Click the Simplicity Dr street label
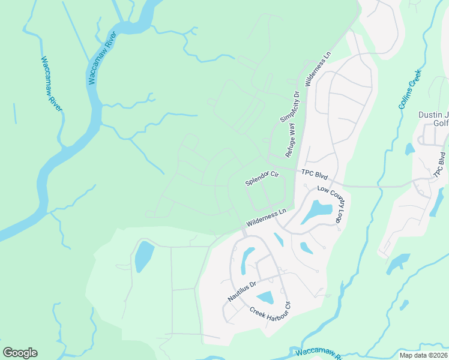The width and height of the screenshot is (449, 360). pos(289,107)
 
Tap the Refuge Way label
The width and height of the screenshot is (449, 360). pos(291,139)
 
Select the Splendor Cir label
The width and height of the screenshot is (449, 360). pos(263,178)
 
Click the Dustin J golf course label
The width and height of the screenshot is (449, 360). pos(433,118)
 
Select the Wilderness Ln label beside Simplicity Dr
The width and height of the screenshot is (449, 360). pos(318,70)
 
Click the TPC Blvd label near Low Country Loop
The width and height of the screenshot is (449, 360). pos(315,174)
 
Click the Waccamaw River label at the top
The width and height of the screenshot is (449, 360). pos(102,59)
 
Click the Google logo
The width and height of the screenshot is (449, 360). pos(20,353)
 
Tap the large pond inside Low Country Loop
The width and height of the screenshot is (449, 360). pos(316,211)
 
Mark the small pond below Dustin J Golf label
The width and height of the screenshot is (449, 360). pos(410,149)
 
